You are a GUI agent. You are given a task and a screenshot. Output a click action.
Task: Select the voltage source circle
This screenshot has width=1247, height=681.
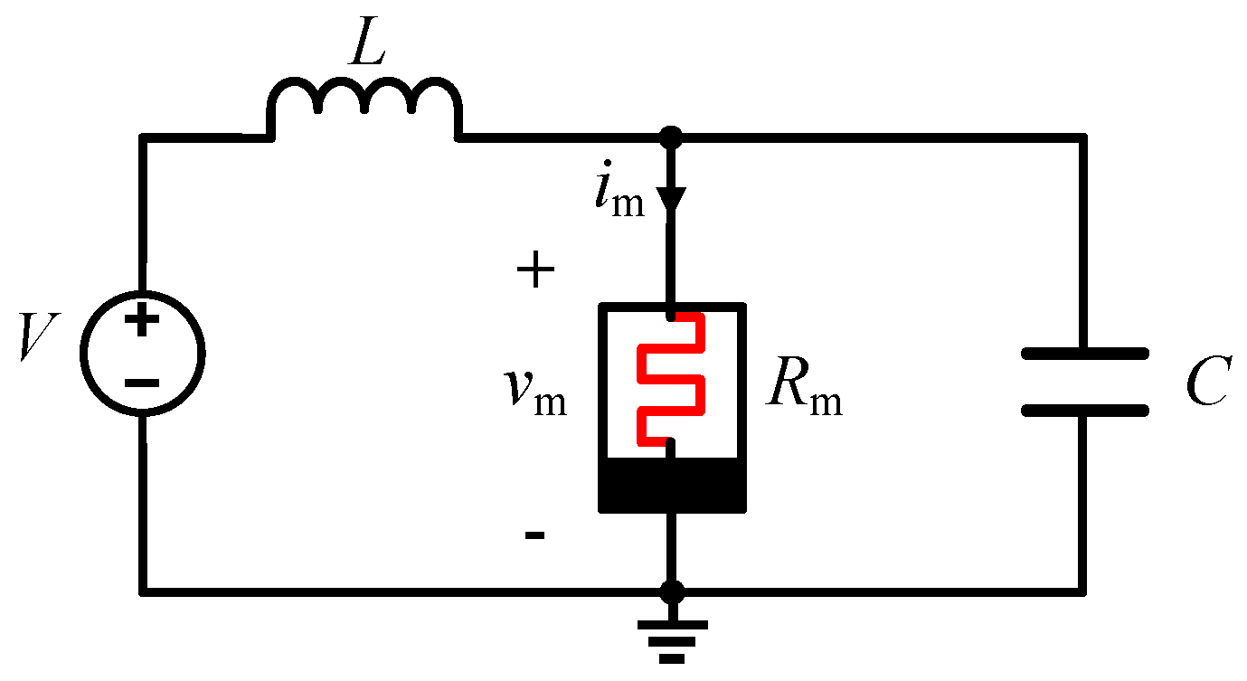pos(142,354)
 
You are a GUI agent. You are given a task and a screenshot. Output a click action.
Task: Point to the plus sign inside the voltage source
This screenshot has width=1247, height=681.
pos(142,322)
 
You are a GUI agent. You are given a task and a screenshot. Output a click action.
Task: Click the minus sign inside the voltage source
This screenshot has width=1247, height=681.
pos(142,383)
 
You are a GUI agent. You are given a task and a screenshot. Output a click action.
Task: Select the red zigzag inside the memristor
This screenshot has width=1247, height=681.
pos(670,380)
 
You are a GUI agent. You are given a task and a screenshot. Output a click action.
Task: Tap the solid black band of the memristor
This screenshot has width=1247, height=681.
pos(672,484)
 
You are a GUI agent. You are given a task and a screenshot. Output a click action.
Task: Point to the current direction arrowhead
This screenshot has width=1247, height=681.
pos(672,199)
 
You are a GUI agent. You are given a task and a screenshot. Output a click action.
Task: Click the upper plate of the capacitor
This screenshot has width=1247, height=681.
pos(1084,354)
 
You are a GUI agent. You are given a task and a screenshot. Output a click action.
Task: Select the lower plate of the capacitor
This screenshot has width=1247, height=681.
pos(1084,410)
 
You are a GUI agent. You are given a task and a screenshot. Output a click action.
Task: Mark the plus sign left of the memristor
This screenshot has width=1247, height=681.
pos(535,270)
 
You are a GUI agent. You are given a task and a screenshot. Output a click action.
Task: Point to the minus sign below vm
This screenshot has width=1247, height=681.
pos(534,536)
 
